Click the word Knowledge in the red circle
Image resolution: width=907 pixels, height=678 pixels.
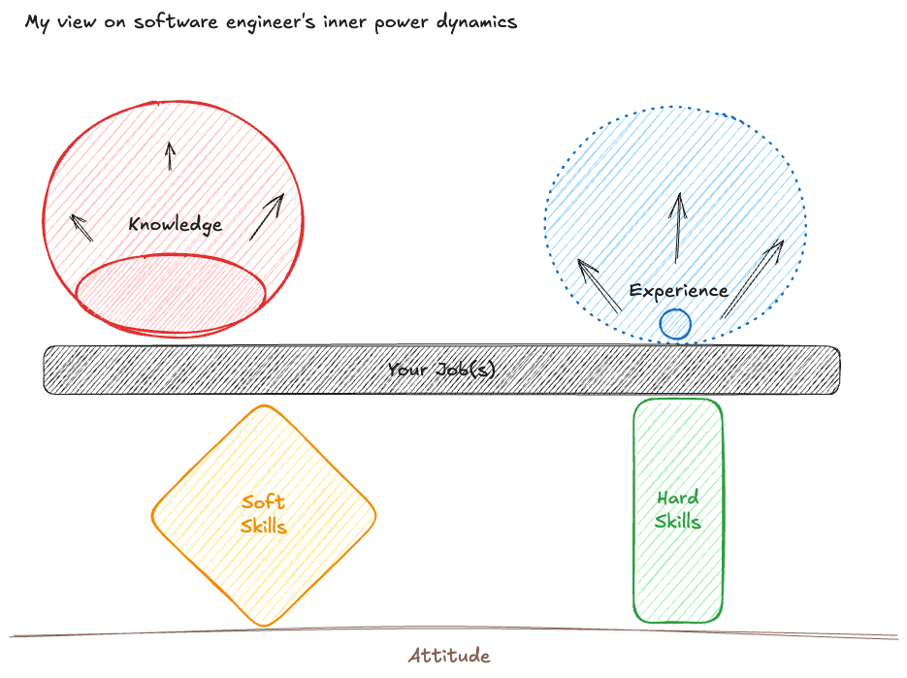[175, 224]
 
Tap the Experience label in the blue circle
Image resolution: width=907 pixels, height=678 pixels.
[678, 290]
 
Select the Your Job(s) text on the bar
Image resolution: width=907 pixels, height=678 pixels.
[441, 370]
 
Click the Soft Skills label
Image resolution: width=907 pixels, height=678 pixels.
[263, 513]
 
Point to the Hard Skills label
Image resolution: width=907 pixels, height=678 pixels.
[677, 509]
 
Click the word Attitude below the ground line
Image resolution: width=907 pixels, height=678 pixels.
[449, 656]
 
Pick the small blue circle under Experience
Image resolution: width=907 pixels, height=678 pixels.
[675, 324]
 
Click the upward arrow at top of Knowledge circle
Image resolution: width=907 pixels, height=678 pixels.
[171, 155]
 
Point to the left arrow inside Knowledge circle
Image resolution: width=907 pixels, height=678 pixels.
[81, 227]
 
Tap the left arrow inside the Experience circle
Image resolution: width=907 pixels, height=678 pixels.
[599, 284]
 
